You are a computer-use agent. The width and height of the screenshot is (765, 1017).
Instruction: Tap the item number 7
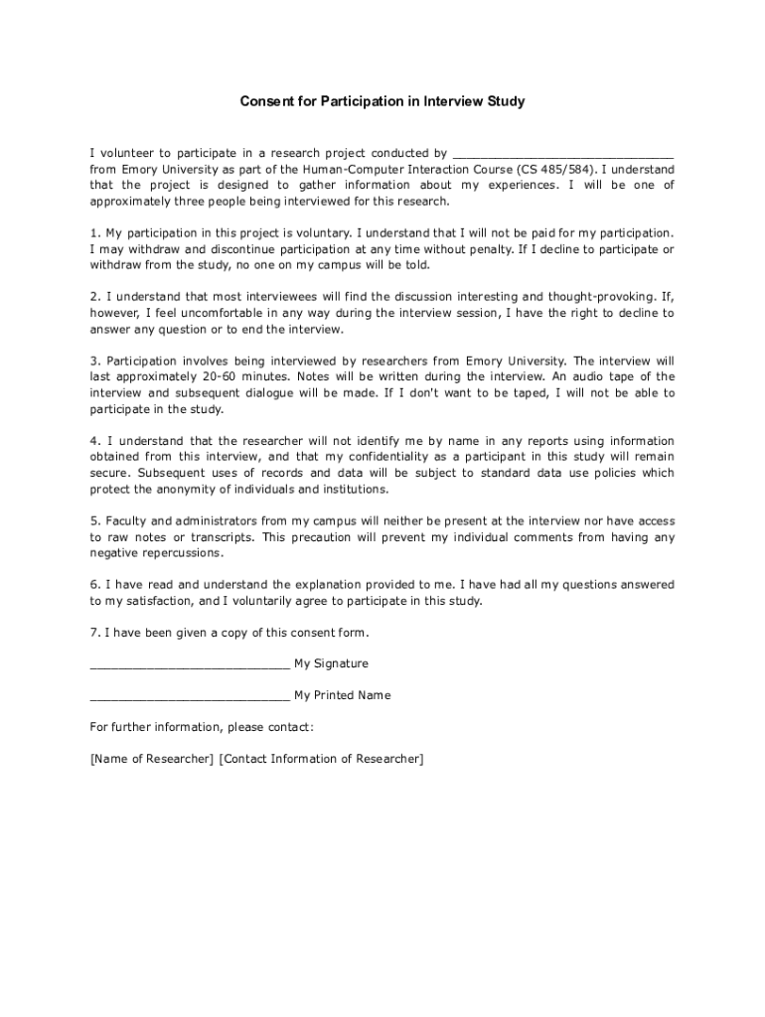tap(94, 633)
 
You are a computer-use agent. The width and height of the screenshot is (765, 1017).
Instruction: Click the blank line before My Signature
tap(189, 664)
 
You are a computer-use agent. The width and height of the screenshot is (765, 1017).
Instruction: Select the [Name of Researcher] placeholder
tap(151, 759)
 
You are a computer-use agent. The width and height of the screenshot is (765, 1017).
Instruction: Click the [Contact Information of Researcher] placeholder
tap(321, 759)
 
